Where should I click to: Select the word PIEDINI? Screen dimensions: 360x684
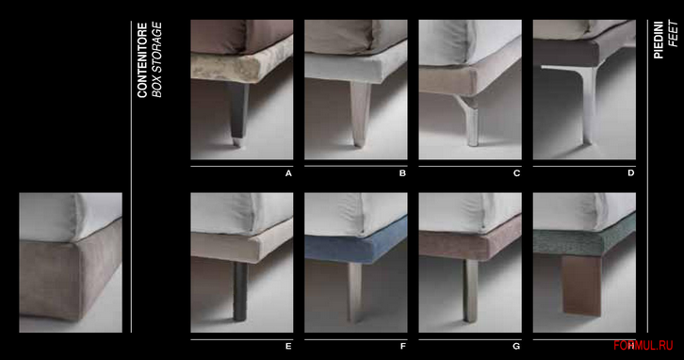point(660,39)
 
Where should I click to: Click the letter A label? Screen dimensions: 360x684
point(288,173)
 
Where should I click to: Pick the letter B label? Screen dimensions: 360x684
point(402,173)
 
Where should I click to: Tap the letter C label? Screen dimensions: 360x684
point(516,173)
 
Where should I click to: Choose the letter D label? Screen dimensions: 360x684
point(630,173)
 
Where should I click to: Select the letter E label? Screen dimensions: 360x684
point(288,347)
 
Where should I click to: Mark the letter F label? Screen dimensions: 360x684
point(402,347)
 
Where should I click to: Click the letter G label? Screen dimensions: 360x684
point(516,347)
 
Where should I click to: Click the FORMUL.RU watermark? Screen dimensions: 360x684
point(647,346)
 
